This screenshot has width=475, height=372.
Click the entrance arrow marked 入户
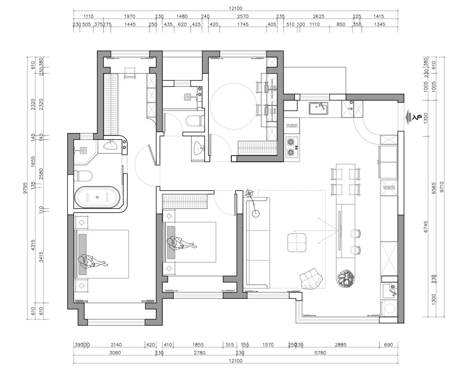point(413,118)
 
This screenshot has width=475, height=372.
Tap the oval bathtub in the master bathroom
point(97,197)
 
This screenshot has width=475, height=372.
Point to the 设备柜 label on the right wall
point(389,188)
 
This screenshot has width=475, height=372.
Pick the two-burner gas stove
point(292,147)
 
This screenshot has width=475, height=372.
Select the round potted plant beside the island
point(346,279)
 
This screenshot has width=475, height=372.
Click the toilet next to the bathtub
point(84,176)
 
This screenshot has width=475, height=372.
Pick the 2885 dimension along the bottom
point(340,345)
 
